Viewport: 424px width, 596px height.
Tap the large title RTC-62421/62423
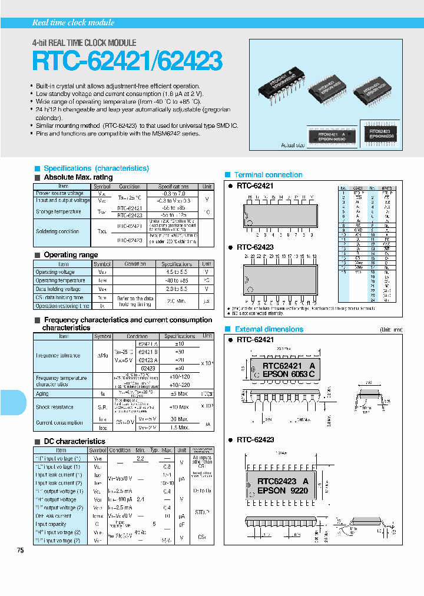pos(127,61)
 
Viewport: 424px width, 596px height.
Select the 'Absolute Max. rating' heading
pos(78,177)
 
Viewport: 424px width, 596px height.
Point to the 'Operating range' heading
pos(71,255)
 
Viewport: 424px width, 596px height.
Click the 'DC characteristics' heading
pos(74,441)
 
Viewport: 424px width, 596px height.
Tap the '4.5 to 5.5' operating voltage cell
pos(176,272)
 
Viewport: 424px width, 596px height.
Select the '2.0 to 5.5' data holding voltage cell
pos(176,289)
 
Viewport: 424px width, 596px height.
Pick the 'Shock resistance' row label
pos(55,407)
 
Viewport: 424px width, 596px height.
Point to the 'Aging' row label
pos(43,393)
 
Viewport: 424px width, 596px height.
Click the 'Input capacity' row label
pos(51,524)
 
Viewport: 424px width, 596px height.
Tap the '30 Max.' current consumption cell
pos(179,419)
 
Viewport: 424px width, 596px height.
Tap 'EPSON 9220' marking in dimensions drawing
pos(281,490)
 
